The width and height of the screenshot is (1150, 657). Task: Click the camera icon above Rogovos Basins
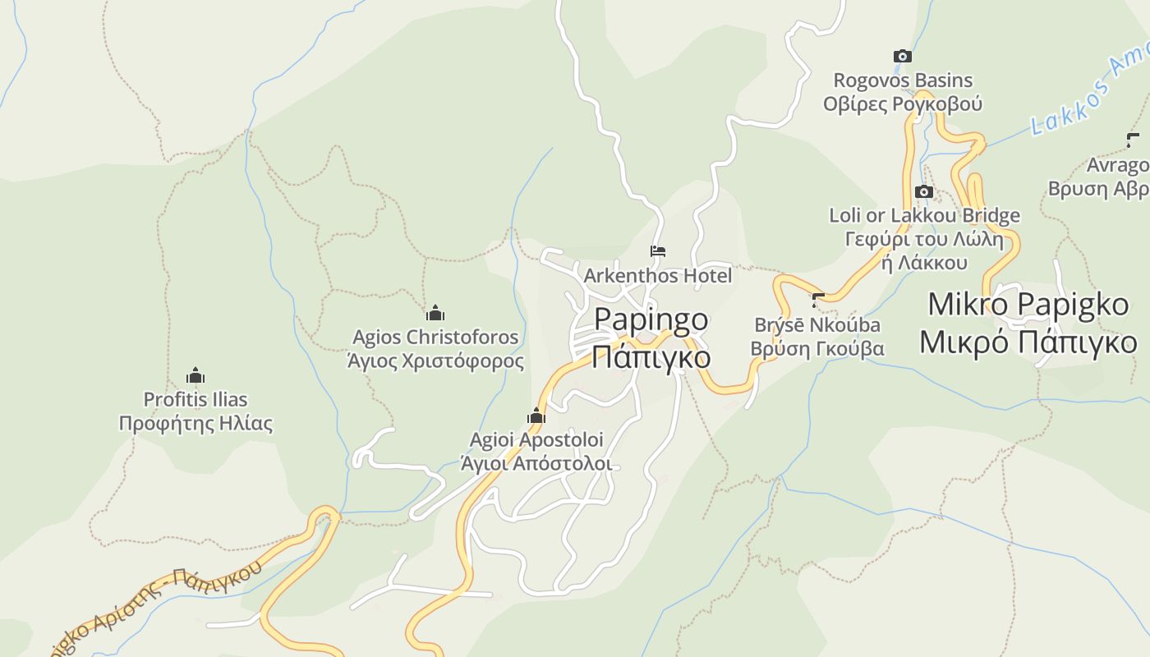click(x=902, y=56)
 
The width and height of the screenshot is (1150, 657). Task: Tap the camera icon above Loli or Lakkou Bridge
click(x=923, y=191)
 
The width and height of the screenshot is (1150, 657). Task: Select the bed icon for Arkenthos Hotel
click(x=657, y=251)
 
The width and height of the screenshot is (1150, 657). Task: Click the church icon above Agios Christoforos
click(x=435, y=313)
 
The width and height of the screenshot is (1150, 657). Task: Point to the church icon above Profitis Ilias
click(x=195, y=375)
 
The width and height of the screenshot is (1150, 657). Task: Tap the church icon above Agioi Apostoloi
click(x=536, y=416)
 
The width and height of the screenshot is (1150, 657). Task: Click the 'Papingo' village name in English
click(x=651, y=319)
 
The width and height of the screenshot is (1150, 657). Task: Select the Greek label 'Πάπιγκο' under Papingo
click(x=651, y=358)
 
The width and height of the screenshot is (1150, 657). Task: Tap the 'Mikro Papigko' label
click(x=1028, y=304)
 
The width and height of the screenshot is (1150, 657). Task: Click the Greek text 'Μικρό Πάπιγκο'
click(x=1028, y=342)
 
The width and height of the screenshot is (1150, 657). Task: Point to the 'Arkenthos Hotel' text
click(x=657, y=276)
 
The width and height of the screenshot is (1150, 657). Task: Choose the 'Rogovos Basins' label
click(x=903, y=80)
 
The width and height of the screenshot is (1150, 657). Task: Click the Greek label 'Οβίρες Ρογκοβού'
click(x=903, y=104)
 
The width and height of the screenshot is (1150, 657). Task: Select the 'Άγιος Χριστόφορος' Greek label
click(x=435, y=361)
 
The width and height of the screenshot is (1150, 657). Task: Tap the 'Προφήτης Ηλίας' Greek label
click(x=195, y=424)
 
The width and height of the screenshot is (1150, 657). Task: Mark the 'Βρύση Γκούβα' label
click(x=817, y=348)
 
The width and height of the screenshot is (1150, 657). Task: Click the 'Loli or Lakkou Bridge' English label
click(x=924, y=215)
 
